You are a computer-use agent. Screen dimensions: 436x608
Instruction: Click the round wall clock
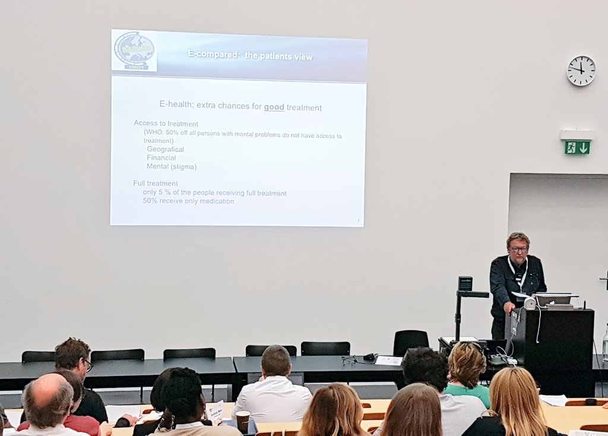581,71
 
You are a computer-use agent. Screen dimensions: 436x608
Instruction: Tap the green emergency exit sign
577,147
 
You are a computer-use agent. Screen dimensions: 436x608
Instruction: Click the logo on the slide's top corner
134,50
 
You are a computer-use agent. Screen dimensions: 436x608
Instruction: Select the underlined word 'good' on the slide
274,108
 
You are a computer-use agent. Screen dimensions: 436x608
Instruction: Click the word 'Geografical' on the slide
165,150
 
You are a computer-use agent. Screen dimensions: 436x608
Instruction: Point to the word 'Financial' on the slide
161,158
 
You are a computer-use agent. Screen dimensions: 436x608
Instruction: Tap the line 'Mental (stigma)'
171,167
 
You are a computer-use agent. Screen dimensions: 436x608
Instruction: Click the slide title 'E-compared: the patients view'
250,56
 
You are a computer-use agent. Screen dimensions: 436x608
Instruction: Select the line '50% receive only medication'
188,201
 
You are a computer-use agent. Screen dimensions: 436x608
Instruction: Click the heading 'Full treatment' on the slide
155,184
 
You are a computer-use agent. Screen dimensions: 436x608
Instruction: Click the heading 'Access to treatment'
166,124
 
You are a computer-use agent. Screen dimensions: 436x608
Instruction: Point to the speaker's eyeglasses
518,249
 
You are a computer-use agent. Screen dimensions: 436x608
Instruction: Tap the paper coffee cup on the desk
242,421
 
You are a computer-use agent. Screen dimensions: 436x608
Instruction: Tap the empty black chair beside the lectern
410,342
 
